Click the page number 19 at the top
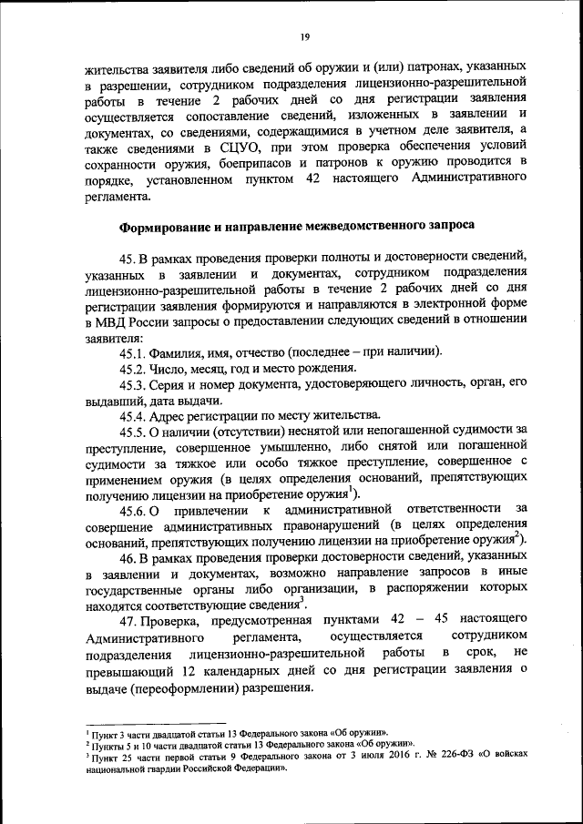[x=305, y=36]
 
